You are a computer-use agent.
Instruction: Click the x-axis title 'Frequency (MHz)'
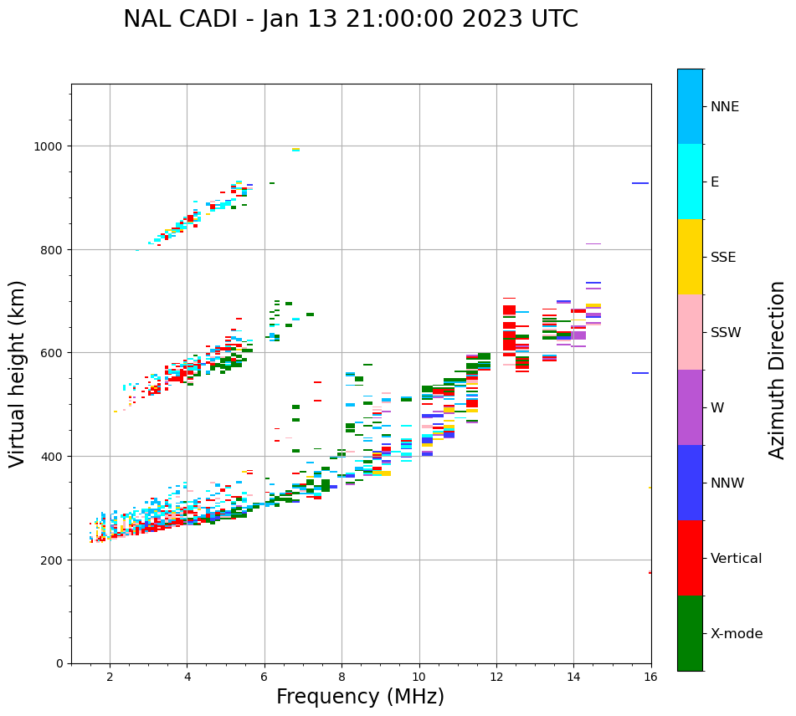point(360,697)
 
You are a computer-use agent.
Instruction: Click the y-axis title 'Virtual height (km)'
point(18,374)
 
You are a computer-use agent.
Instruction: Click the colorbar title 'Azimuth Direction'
point(778,370)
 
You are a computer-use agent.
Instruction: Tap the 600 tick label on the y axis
point(53,353)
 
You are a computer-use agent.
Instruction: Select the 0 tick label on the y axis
point(59,663)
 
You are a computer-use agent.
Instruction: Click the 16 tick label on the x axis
point(651,678)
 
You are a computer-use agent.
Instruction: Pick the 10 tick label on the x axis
point(419,678)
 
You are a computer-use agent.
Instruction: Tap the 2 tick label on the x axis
point(110,678)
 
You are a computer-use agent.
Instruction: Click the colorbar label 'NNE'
point(725,107)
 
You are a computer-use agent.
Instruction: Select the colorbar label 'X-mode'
point(737,634)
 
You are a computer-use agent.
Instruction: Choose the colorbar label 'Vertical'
point(737,559)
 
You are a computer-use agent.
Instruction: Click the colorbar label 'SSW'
point(726,333)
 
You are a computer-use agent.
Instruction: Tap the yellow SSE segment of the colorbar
point(690,257)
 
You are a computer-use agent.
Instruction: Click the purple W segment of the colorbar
point(690,407)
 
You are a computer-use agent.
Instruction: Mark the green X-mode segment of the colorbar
point(690,633)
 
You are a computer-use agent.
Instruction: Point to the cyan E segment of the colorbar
point(690,182)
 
